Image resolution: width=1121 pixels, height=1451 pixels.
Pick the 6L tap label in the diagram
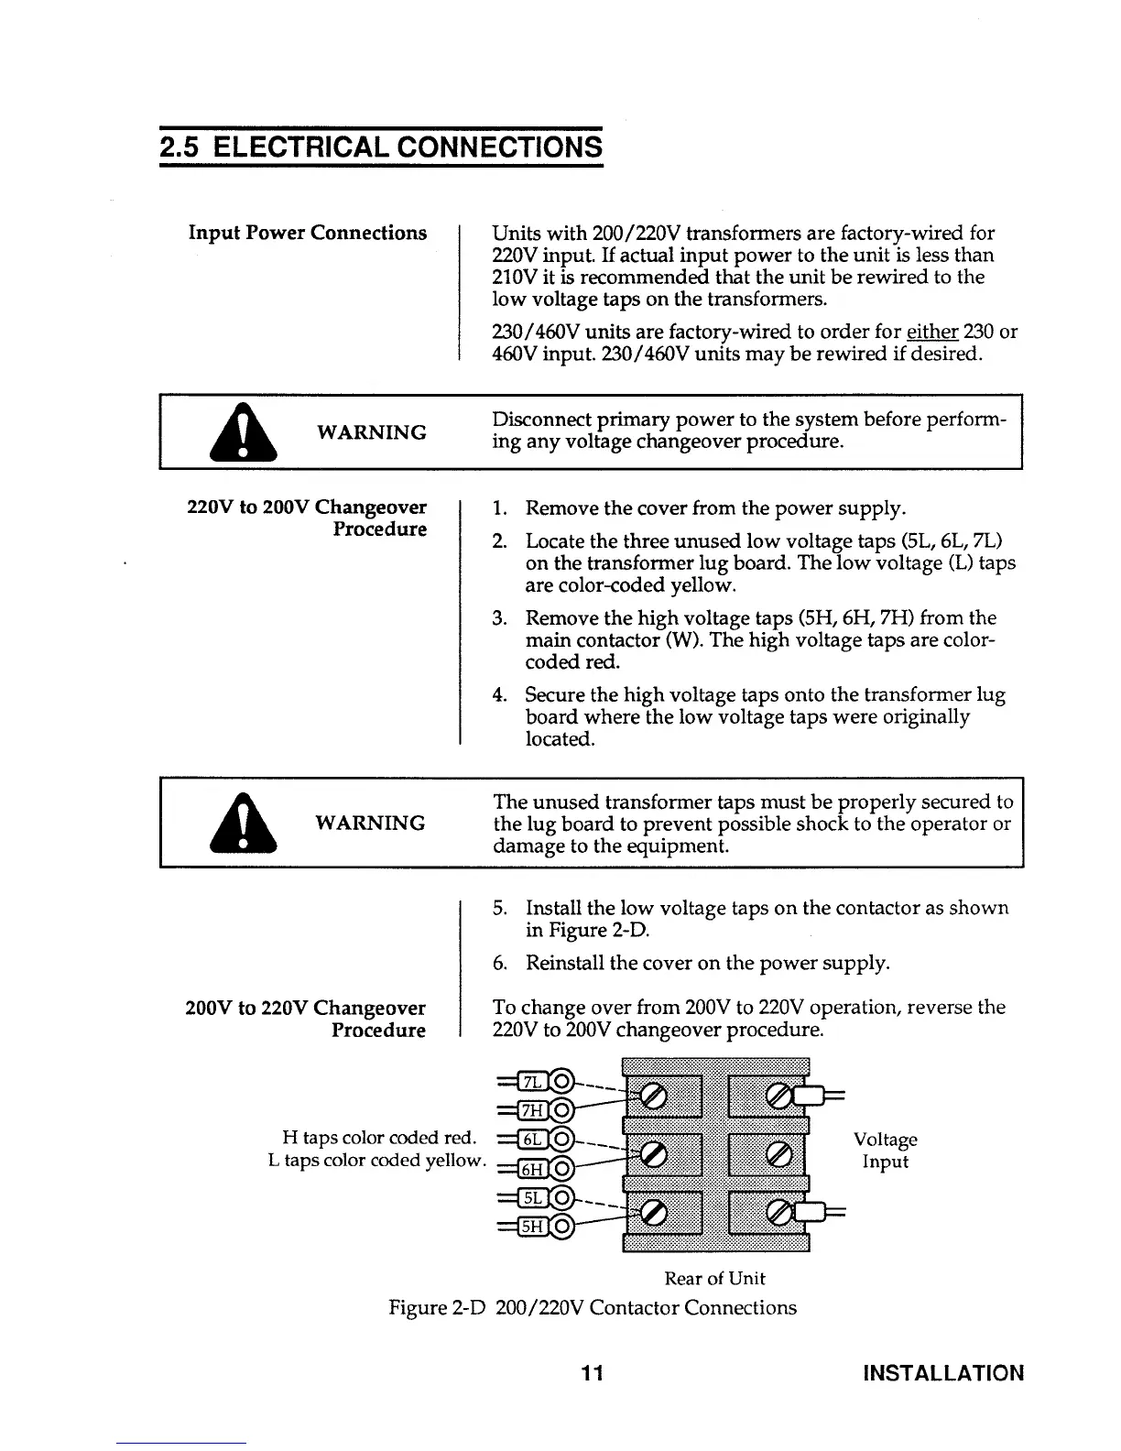(x=532, y=1140)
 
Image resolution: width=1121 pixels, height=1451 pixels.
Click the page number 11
(x=592, y=1373)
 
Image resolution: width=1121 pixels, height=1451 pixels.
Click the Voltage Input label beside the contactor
(x=885, y=1151)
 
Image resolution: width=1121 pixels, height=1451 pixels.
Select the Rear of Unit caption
(x=714, y=1278)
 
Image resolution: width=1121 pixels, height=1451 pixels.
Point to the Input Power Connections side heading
(x=308, y=233)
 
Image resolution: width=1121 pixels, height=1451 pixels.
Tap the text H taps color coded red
(x=380, y=1138)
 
